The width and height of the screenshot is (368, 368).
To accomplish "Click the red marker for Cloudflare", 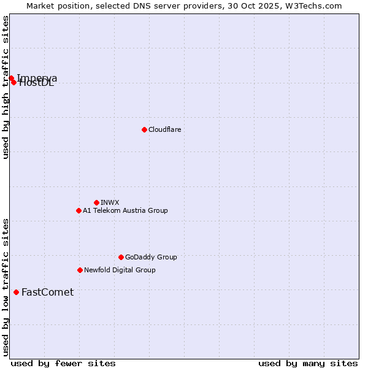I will (144, 129).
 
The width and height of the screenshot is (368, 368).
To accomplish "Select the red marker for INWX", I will (96, 202).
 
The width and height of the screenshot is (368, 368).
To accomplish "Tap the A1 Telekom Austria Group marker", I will (79, 210).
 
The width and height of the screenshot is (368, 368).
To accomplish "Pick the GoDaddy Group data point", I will (121, 257).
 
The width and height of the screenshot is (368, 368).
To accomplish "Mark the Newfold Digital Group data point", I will (80, 270).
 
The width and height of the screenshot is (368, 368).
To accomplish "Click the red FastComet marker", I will (16, 292).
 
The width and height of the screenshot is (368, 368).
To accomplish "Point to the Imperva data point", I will (11, 78).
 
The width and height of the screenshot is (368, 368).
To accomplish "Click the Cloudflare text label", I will (164, 129).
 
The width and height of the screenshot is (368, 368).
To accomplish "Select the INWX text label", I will (110, 202).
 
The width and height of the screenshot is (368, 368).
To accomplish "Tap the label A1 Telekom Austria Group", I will (125, 210).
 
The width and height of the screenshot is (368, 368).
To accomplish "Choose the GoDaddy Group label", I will (151, 257).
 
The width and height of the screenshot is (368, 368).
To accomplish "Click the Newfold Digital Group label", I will (120, 270).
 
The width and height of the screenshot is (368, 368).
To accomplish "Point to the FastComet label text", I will (47, 292).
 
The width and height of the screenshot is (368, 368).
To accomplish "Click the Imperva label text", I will (38, 77).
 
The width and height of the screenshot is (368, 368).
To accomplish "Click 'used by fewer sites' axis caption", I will (63, 363).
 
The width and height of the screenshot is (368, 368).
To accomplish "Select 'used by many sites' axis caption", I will (308, 363).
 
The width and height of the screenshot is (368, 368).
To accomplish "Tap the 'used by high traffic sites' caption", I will (6, 87).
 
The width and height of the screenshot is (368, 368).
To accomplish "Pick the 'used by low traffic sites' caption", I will (6, 287).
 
